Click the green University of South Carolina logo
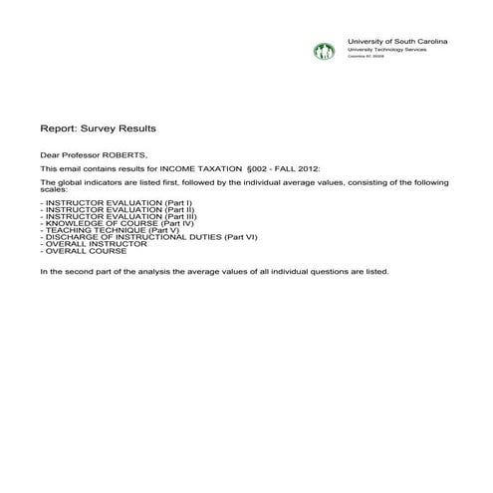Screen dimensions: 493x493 (x=324, y=51)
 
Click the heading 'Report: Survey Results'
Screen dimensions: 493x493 (x=98, y=128)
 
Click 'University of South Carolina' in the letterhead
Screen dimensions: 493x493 (x=396, y=40)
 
